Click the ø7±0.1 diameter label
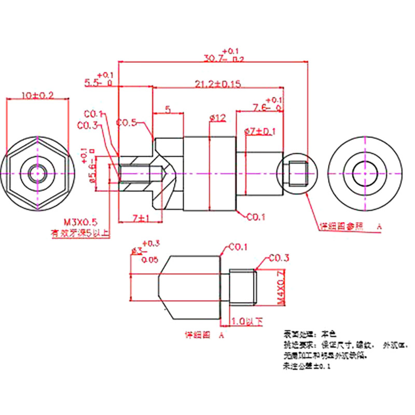pyautogui.click(x=259, y=131)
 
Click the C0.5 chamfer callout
pyautogui.click(x=127, y=123)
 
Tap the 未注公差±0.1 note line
pyautogui.click(x=307, y=367)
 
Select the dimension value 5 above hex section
pyautogui.click(x=168, y=109)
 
